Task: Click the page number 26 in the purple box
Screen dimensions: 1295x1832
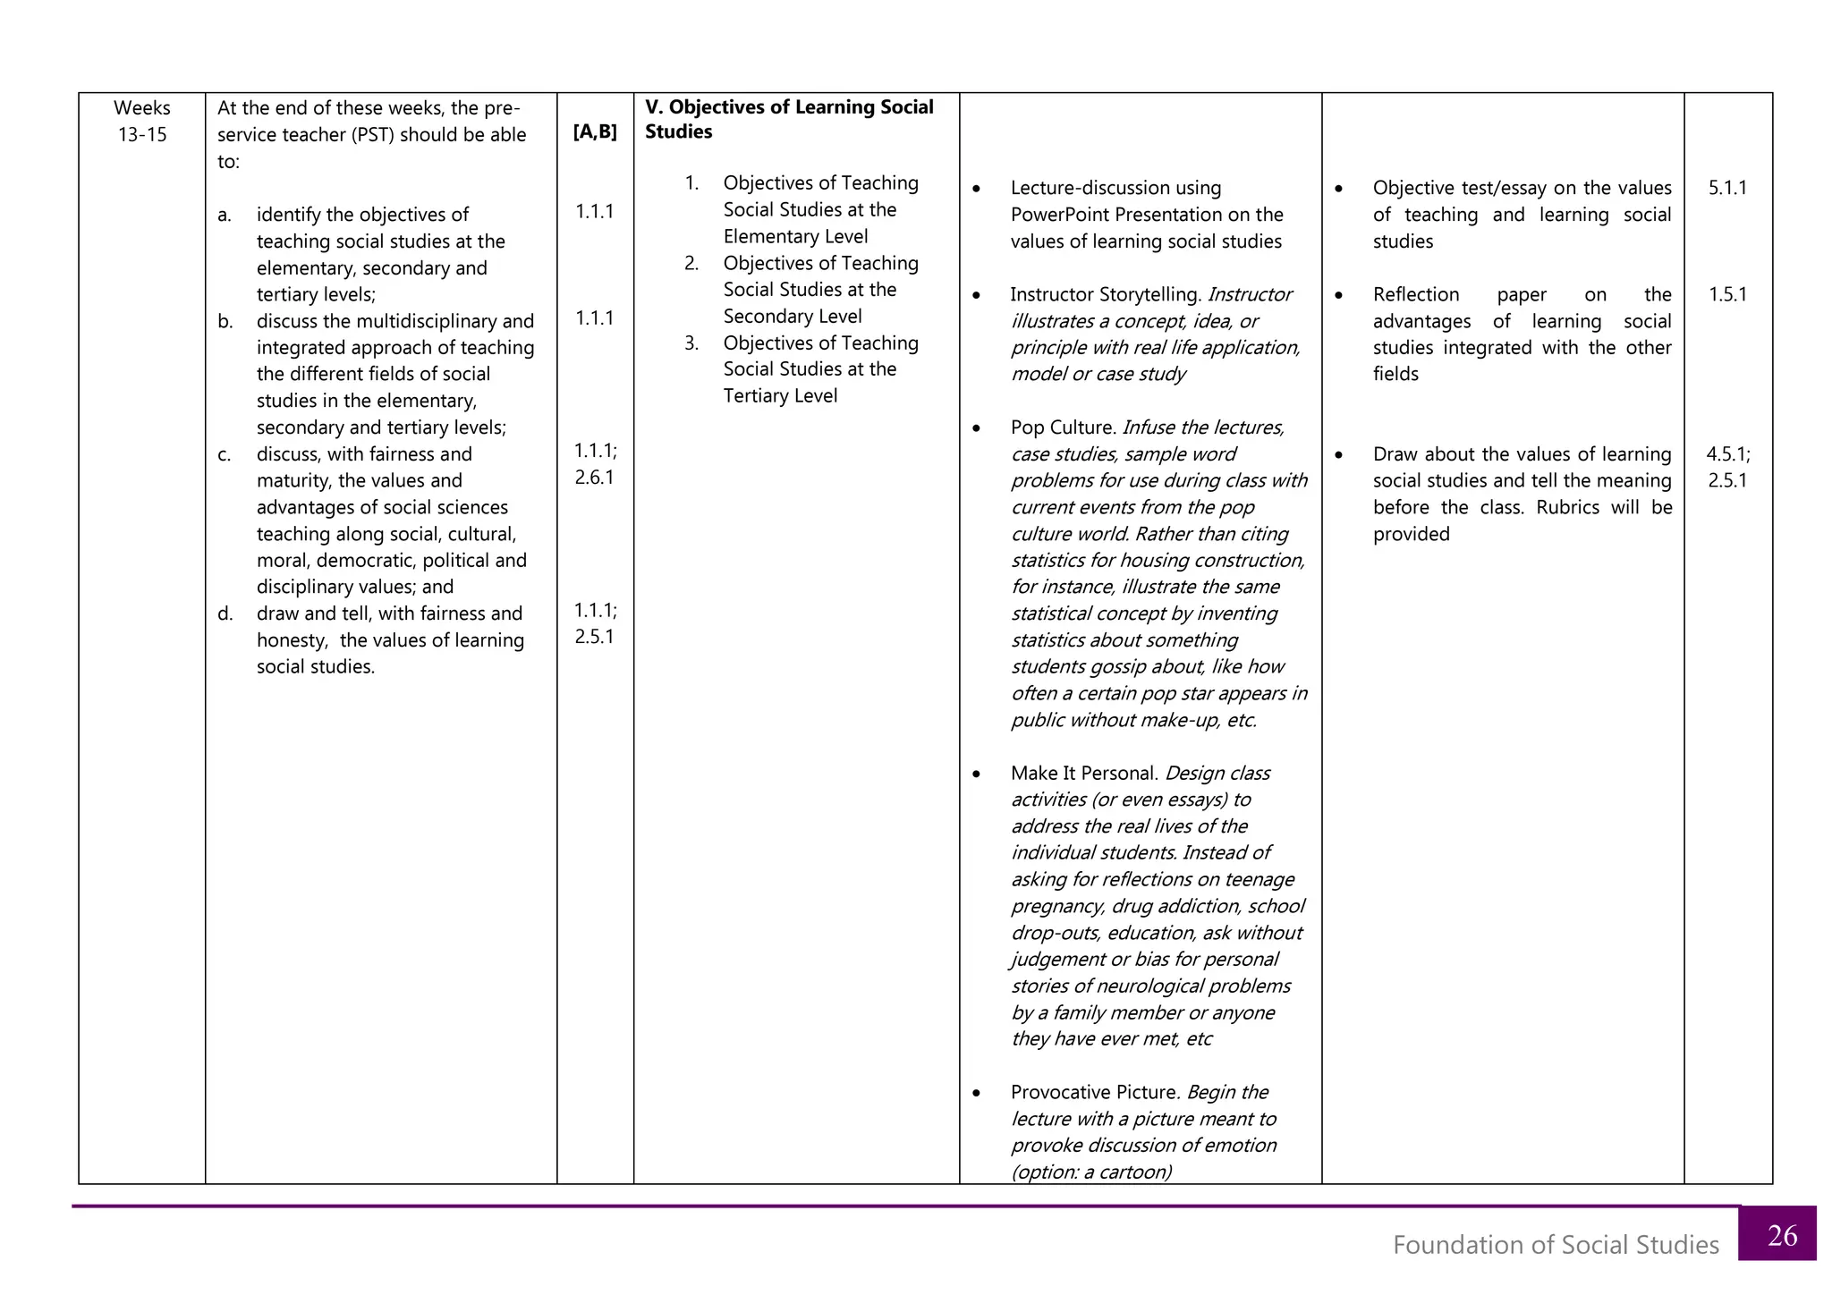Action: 1782,1235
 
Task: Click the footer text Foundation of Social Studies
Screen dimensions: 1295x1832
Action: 1555,1245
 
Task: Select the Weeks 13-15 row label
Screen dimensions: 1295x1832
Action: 142,121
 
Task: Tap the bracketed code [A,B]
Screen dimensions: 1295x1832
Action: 595,131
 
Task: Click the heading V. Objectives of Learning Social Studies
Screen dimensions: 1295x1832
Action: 788,119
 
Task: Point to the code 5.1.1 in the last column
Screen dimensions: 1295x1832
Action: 1726,188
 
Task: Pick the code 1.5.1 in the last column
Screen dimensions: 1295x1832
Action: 1726,294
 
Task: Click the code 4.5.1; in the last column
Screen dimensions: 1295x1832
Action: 1727,453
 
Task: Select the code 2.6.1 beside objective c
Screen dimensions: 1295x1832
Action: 594,477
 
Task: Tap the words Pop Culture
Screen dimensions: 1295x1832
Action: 1062,427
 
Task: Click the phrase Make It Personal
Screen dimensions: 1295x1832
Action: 1083,773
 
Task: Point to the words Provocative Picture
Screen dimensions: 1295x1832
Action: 1094,1092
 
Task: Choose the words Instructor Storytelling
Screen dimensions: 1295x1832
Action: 1104,294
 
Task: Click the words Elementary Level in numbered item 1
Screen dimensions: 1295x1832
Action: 795,236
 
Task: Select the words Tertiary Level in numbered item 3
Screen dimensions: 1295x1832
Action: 780,395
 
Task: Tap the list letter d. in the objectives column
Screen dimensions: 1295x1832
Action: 225,614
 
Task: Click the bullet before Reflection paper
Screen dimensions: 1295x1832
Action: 1338,295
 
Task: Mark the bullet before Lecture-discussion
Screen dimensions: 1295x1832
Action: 976,189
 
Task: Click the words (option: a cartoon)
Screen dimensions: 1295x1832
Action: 1090,1172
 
